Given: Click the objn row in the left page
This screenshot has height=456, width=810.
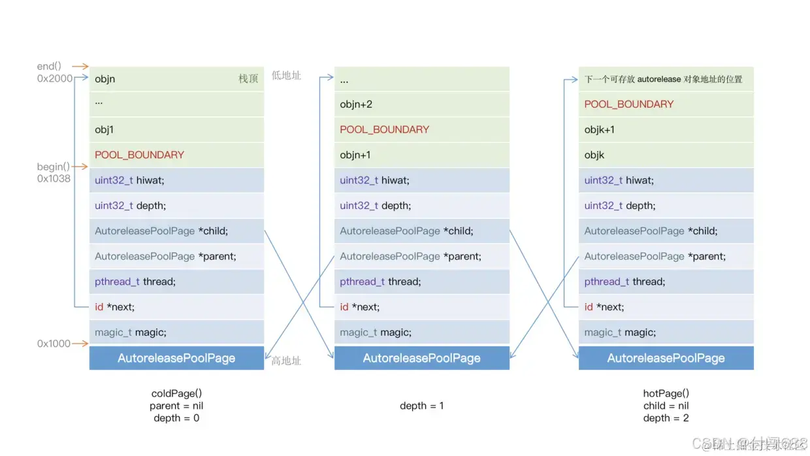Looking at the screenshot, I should (176, 79).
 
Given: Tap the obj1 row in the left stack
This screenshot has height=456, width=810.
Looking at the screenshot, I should (176, 129).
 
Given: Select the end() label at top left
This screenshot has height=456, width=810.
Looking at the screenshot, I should (49, 66).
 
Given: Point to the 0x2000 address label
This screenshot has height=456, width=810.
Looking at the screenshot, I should (55, 78).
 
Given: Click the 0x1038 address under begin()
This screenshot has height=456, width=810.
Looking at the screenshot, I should (54, 178).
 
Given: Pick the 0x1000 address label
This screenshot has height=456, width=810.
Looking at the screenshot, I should (54, 344).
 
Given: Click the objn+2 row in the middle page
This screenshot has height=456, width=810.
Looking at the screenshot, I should (421, 105).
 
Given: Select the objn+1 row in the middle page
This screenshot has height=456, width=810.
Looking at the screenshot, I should (421, 155).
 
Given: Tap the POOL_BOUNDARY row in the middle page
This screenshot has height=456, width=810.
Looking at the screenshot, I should (421, 129).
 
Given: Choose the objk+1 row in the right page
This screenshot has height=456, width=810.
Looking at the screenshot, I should (666, 129).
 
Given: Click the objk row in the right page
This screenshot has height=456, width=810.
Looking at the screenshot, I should (666, 155).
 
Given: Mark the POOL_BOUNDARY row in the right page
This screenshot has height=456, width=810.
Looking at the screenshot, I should (666, 105).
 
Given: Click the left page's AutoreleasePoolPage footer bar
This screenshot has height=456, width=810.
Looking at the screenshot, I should (176, 358).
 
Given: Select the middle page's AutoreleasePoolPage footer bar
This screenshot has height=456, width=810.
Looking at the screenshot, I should (421, 358).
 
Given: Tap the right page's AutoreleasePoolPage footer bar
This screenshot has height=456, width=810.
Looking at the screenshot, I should (666, 358).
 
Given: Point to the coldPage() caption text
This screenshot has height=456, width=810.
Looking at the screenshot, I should (176, 393).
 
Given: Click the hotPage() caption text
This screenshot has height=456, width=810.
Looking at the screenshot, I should (666, 393).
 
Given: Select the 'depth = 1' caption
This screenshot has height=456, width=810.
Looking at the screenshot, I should (421, 406).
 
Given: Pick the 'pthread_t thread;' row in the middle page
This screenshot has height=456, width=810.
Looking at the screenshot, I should (421, 282).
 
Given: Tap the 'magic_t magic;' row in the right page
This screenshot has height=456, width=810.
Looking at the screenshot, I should (666, 333).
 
